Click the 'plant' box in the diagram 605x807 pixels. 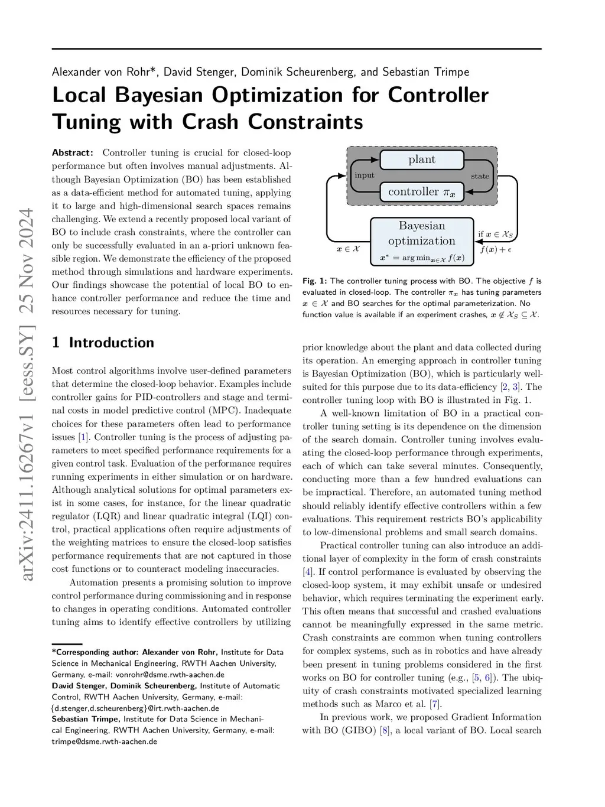421,160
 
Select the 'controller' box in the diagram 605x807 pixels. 421,191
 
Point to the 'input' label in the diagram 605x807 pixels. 365,175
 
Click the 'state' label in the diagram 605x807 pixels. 480,176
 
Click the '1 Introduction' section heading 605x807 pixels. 103,343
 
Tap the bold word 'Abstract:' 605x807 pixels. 73,152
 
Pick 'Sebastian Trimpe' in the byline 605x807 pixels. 425,72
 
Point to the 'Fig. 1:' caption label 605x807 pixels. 314,281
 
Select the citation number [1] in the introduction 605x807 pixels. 83,437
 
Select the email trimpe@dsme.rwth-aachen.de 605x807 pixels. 105,741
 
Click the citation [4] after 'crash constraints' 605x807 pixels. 307,572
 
